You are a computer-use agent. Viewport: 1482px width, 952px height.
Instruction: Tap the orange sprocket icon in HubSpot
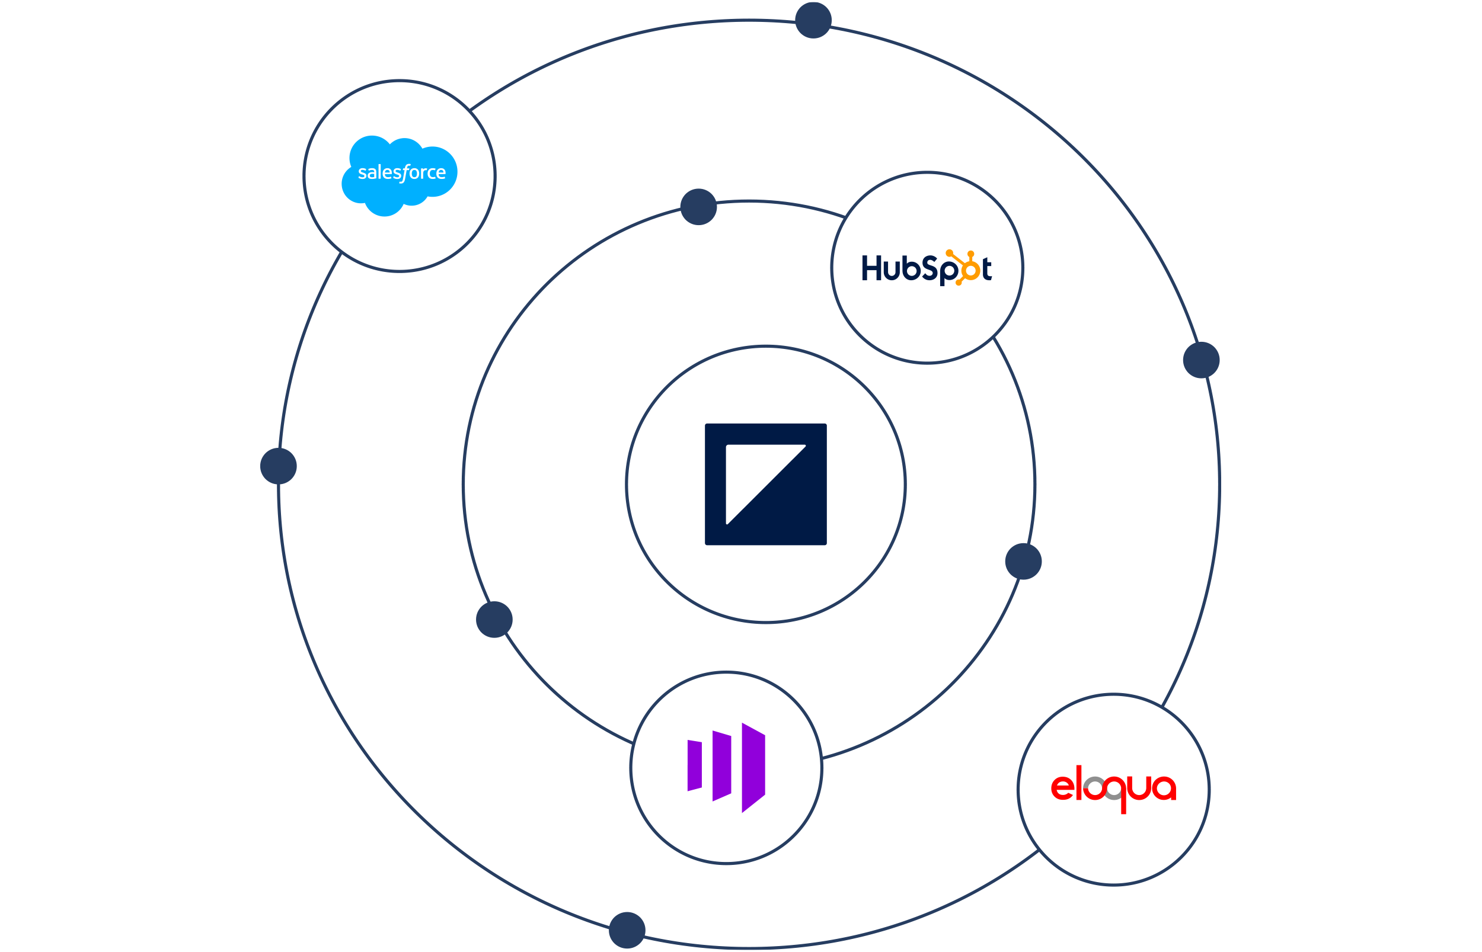[967, 268]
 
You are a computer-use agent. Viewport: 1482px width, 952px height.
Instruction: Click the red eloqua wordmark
[1113, 788]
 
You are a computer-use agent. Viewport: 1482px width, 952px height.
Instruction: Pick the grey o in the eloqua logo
[1094, 788]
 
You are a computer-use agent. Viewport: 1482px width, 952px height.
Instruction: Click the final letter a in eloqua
[1164, 788]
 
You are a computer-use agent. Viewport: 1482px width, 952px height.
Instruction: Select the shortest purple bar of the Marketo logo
[695, 765]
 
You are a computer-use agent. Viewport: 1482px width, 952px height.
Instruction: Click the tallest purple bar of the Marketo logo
[753, 767]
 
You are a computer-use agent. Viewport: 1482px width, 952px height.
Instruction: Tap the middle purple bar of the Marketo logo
[722, 766]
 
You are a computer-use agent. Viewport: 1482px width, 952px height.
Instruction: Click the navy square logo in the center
[766, 484]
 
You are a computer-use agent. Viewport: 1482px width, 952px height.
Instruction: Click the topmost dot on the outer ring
[813, 20]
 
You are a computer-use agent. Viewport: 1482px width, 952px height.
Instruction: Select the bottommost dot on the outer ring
[627, 929]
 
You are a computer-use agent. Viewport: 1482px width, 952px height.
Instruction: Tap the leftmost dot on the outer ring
[279, 466]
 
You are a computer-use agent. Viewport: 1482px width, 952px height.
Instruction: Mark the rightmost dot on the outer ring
[1201, 360]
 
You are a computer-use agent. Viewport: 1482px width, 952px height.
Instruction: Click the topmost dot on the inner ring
[698, 207]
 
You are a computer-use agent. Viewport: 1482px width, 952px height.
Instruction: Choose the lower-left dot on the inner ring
[494, 620]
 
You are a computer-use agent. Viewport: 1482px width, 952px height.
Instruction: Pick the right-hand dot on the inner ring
[1024, 562]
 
